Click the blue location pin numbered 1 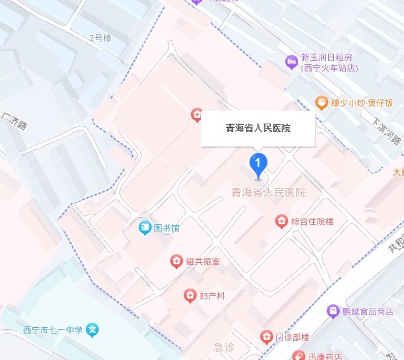click(258, 164)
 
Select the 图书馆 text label click(168, 229)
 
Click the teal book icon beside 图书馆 click(144, 229)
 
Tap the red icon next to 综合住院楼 click(281, 221)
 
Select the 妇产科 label click(212, 295)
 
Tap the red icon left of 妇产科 click(189, 295)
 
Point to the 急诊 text click(225, 347)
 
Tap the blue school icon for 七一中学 click(92, 331)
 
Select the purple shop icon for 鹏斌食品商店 click(332, 311)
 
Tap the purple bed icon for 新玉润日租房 click(290, 63)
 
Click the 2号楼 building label click(101, 37)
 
